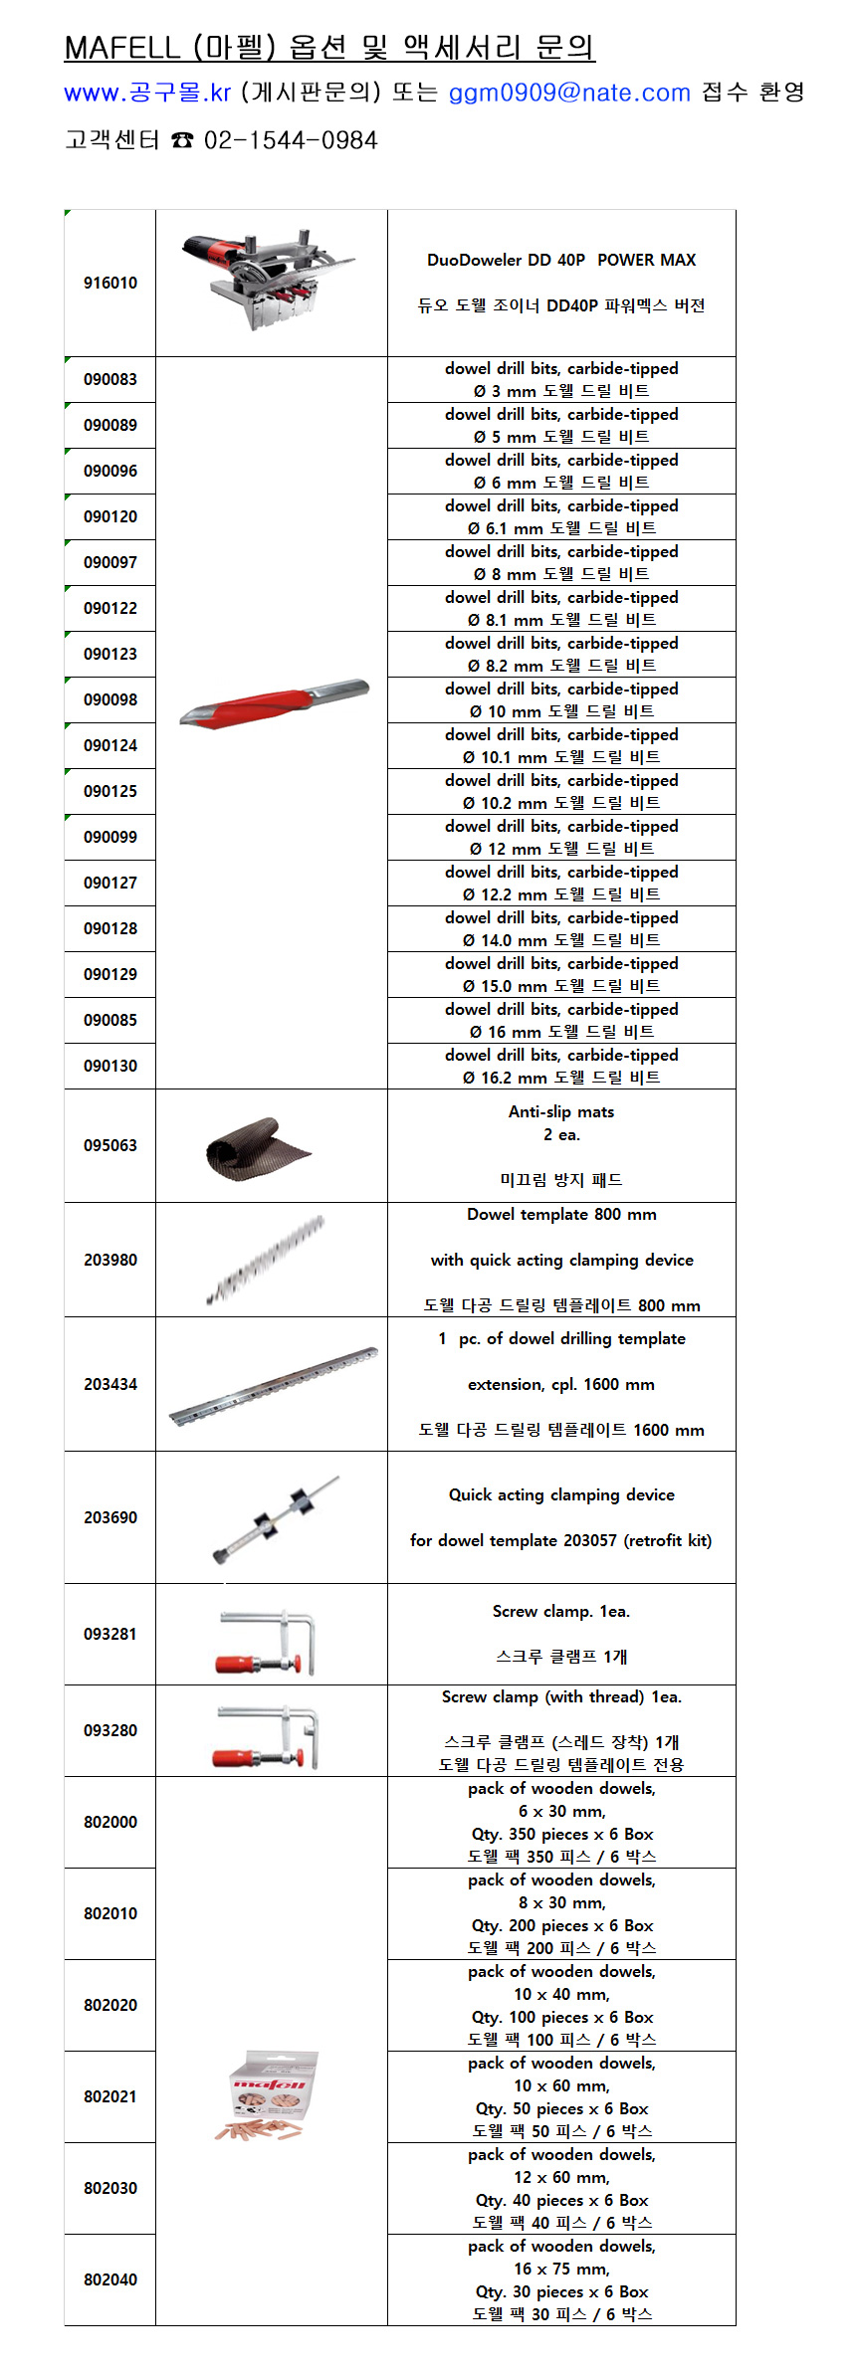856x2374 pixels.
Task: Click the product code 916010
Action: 110,283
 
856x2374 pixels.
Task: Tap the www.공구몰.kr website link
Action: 147,93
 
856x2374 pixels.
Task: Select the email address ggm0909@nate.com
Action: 569,93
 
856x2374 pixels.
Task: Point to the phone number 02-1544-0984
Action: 291,140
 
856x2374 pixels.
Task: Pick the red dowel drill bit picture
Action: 273,702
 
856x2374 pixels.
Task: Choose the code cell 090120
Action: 110,516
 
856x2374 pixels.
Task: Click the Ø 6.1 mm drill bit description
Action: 561,528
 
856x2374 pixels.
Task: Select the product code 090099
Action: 110,837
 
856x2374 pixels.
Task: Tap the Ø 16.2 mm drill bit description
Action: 561,1078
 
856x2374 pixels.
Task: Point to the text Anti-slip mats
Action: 561,1111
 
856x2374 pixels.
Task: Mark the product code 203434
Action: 110,1384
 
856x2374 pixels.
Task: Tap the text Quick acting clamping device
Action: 561,1494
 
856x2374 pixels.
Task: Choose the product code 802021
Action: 110,2096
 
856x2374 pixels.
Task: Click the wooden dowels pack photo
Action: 266,2093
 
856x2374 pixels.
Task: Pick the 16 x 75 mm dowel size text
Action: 561,2269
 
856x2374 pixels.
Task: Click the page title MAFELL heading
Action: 328,47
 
